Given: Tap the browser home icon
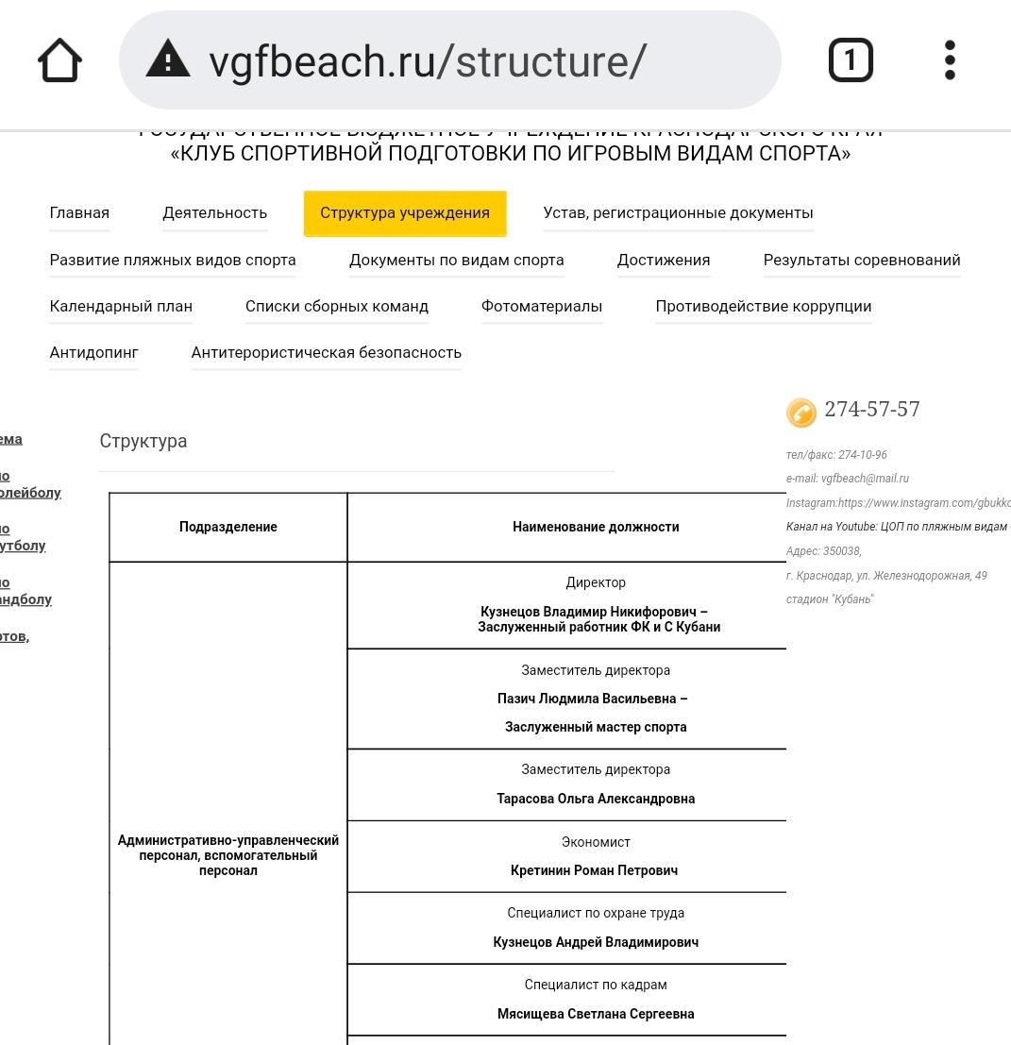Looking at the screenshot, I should (59, 60).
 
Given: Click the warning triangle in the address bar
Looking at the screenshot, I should (168, 59).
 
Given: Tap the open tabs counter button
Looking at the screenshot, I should (851, 60).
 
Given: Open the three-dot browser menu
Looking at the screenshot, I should (950, 60).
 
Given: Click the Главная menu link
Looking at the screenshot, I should (79, 213).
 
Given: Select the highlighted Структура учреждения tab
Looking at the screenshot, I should (405, 213).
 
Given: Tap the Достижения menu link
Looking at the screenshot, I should (664, 261).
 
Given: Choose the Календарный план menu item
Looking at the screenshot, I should (121, 307).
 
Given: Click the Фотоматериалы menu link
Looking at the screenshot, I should (542, 307).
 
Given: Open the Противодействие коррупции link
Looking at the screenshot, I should (764, 307).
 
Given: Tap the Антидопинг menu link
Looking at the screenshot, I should (93, 353).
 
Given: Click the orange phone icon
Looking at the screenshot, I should (801, 413).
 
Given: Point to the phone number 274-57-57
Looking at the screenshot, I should (872, 410).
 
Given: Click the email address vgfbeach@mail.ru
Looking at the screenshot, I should (865, 479).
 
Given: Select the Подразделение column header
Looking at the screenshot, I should (228, 528).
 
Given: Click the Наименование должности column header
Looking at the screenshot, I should (596, 528).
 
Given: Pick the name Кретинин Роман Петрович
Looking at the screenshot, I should (594, 870).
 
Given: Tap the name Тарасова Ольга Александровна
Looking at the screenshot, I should (596, 799).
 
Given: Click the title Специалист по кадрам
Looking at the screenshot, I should (596, 985).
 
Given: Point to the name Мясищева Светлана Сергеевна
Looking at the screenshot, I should (596, 1014).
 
